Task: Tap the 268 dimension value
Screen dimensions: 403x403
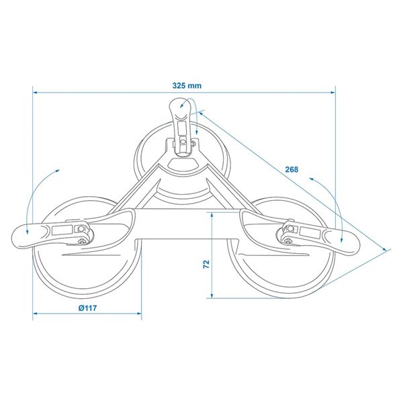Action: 291,169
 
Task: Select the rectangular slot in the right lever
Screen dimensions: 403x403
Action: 310,230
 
